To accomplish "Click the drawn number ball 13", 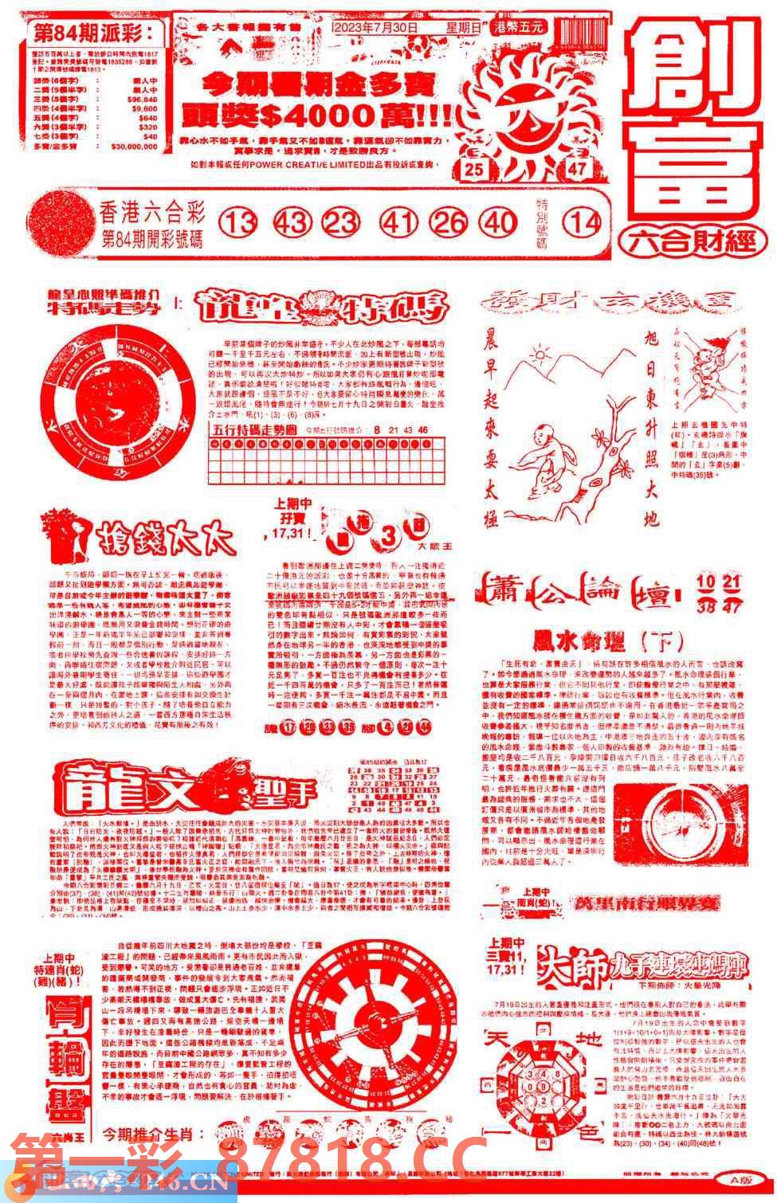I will [x=238, y=222].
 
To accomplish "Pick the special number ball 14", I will [x=583, y=222].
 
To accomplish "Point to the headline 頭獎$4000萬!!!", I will [x=319, y=116].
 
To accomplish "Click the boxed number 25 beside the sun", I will [x=475, y=168].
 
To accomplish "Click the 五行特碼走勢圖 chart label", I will [x=253, y=429].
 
